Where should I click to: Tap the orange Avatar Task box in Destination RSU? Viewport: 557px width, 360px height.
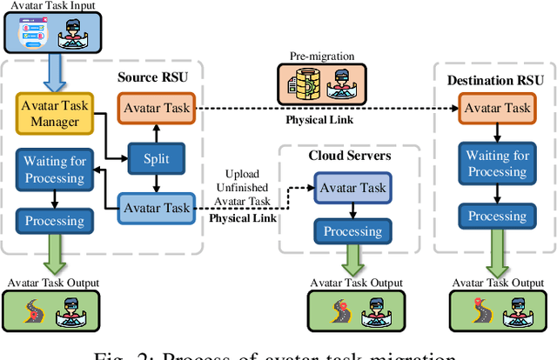point(494,109)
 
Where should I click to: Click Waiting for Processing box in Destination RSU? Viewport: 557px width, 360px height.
point(494,164)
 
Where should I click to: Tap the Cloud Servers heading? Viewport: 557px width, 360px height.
point(348,156)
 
